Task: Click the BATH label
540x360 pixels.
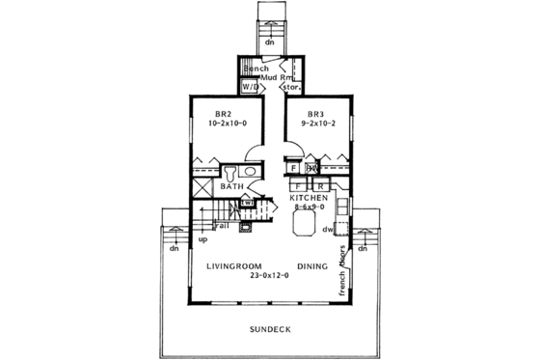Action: pos(231,185)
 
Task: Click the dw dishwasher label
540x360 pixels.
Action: pos(329,230)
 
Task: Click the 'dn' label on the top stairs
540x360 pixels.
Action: pos(269,42)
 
